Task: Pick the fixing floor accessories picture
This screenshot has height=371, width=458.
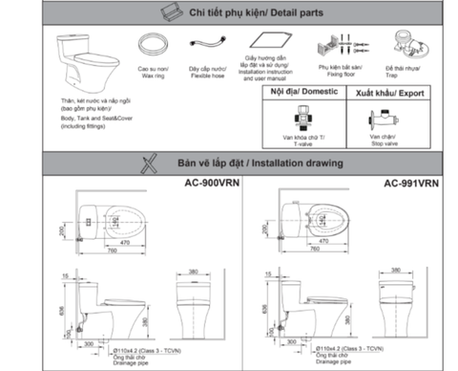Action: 334,47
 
